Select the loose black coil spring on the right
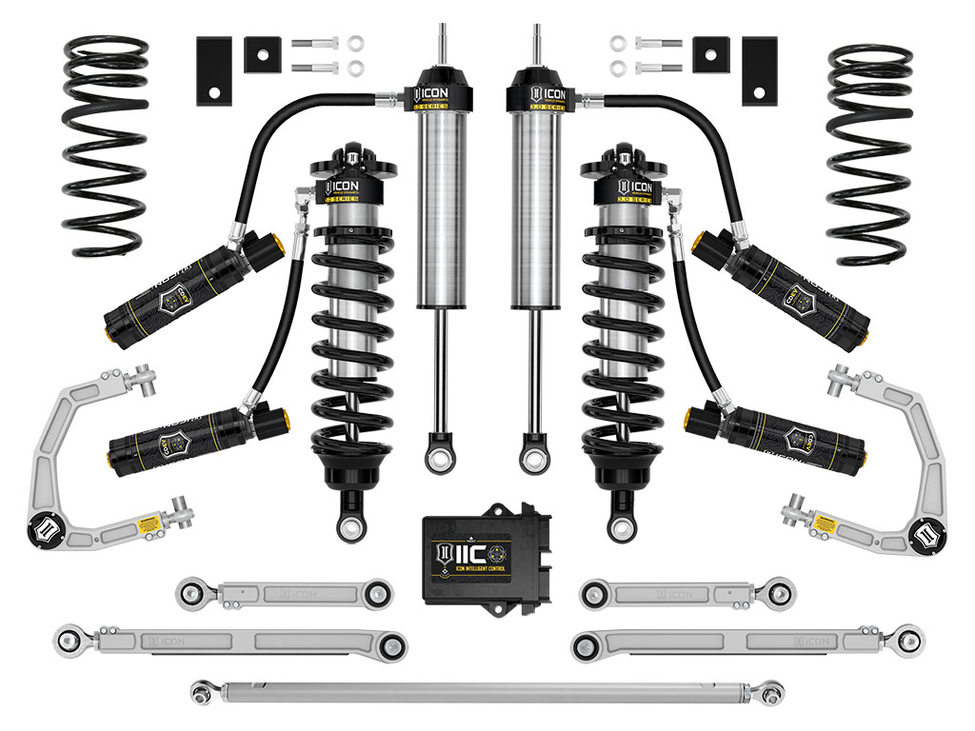click(x=869, y=152)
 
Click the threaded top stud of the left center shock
click(x=443, y=43)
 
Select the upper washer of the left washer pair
click(x=355, y=44)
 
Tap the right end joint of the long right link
click(x=905, y=637)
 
